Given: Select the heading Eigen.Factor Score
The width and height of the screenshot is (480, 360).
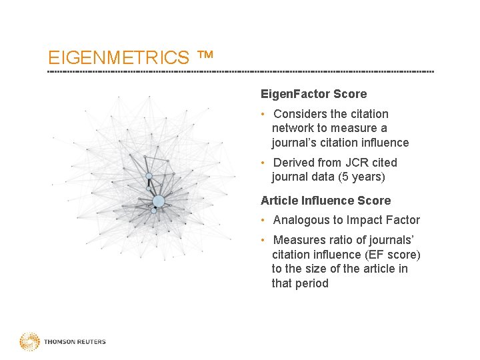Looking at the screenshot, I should [x=313, y=95].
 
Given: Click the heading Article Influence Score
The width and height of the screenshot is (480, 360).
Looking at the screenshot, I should [x=325, y=201].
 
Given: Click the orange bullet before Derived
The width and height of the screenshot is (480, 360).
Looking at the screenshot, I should [x=265, y=163].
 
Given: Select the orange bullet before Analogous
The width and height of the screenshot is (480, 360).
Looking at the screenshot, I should [x=265, y=220].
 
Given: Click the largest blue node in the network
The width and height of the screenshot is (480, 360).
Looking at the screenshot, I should [x=158, y=201].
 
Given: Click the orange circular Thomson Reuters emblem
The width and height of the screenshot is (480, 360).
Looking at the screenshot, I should [x=29, y=341].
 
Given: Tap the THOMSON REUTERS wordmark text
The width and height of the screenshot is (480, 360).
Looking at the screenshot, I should [x=75, y=342].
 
